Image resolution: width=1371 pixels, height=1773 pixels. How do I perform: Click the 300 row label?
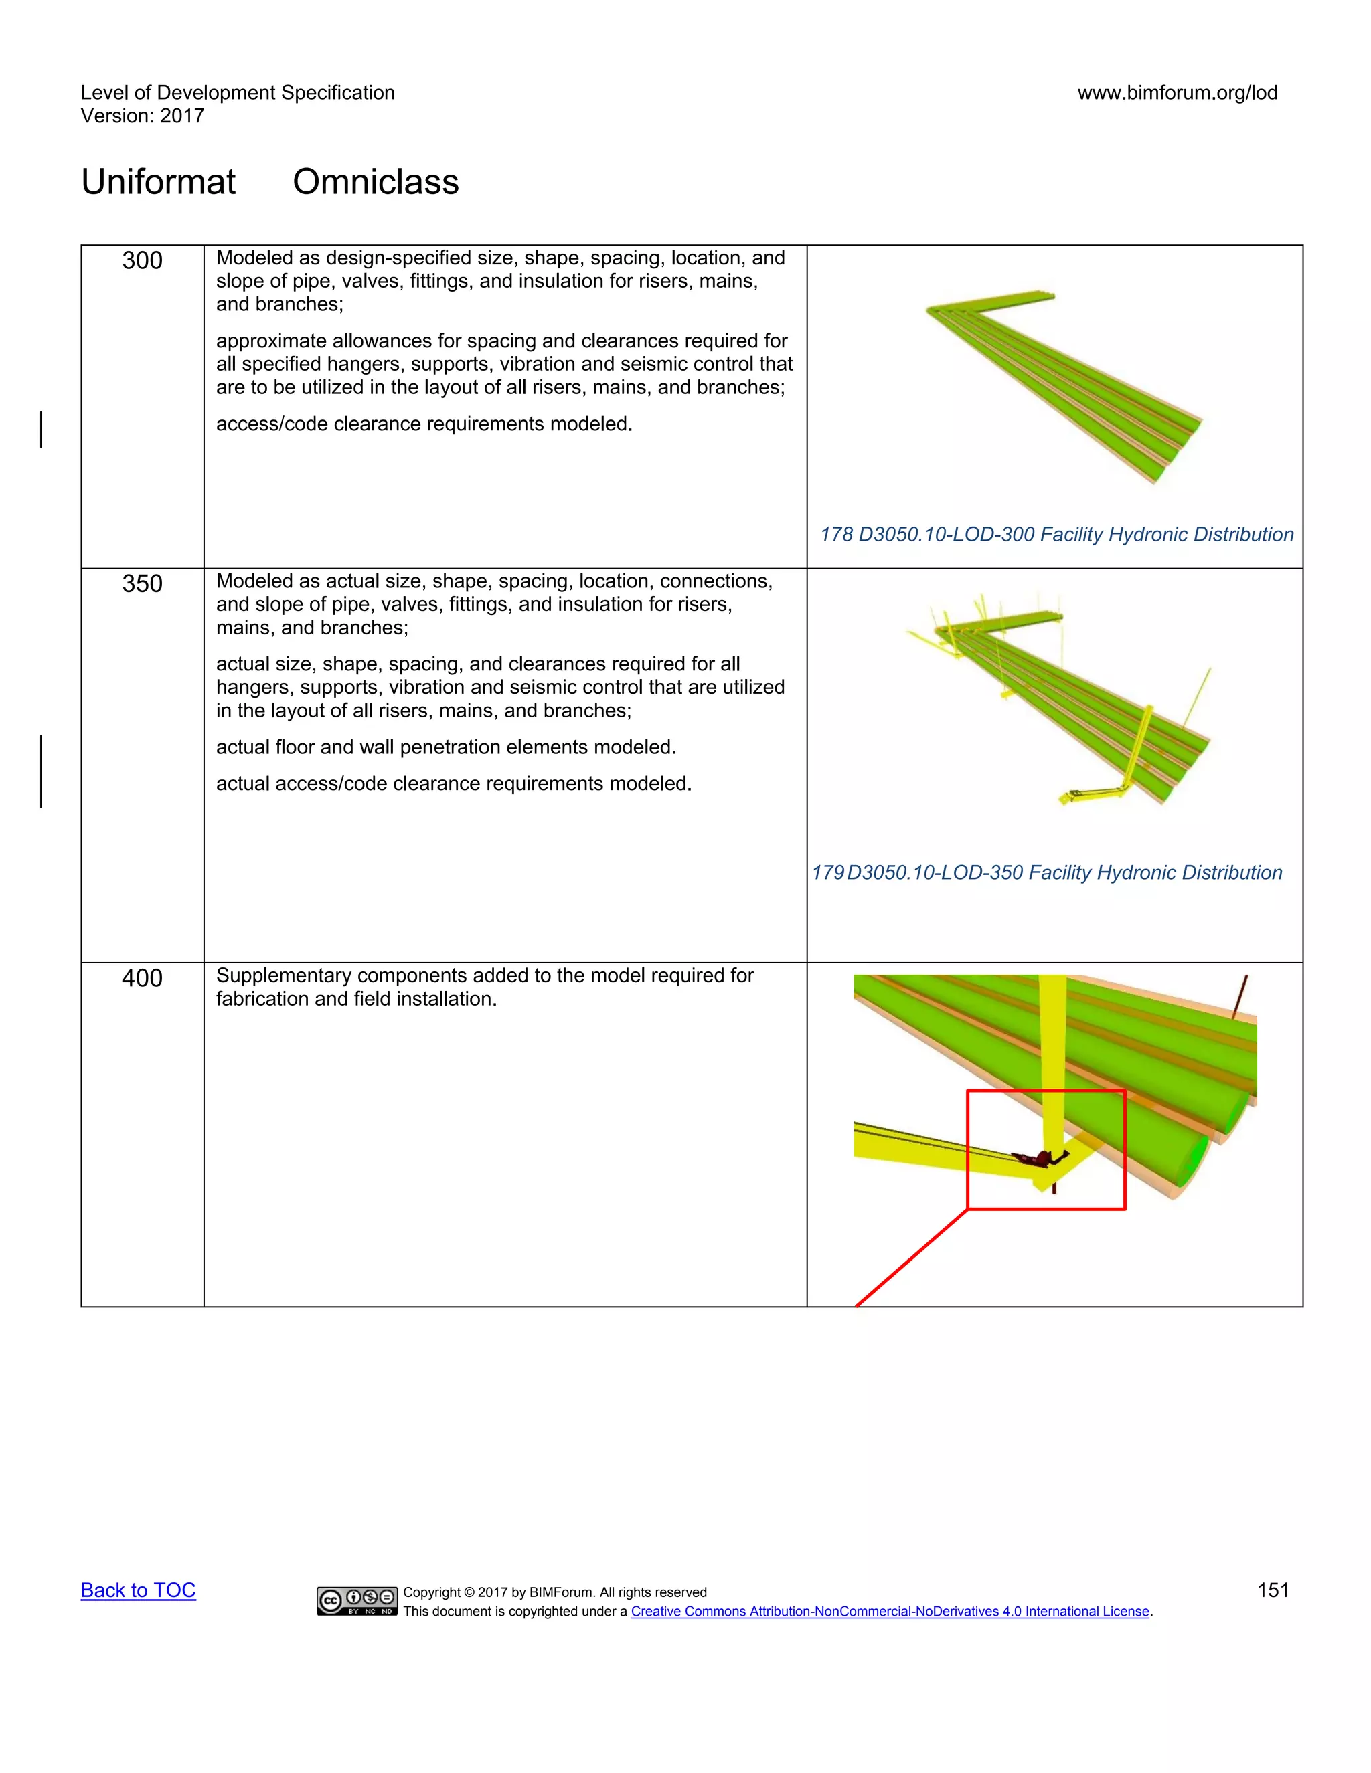point(142,260)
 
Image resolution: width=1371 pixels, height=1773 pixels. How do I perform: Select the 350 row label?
point(142,583)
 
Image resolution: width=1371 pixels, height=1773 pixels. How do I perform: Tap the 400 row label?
point(142,978)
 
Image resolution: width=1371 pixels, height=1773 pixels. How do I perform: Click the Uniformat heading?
point(159,182)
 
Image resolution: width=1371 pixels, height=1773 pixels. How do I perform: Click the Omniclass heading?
point(376,182)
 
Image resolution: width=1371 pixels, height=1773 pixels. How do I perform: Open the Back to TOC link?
point(138,1590)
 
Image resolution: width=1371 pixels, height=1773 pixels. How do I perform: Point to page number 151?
point(1273,1590)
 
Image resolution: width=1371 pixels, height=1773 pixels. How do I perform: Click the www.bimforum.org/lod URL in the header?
point(1177,92)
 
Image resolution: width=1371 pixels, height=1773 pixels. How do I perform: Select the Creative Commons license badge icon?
point(357,1600)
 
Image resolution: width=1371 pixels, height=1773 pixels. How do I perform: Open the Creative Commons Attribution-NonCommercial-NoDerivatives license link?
point(890,1612)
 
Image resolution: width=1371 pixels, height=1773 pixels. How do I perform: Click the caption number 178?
point(835,534)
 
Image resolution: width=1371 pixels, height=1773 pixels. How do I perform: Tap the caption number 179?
point(827,872)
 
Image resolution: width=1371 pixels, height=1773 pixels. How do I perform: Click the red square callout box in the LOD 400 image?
point(1046,1093)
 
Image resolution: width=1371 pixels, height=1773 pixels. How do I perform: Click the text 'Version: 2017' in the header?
point(142,116)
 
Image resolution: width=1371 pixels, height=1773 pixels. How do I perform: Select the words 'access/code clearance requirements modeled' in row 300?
point(423,424)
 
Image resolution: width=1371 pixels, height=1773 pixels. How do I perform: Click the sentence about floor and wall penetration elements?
point(446,747)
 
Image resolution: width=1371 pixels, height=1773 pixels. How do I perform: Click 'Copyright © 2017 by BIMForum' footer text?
point(555,1592)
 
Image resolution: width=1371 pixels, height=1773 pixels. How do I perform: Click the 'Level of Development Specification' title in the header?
point(237,92)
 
